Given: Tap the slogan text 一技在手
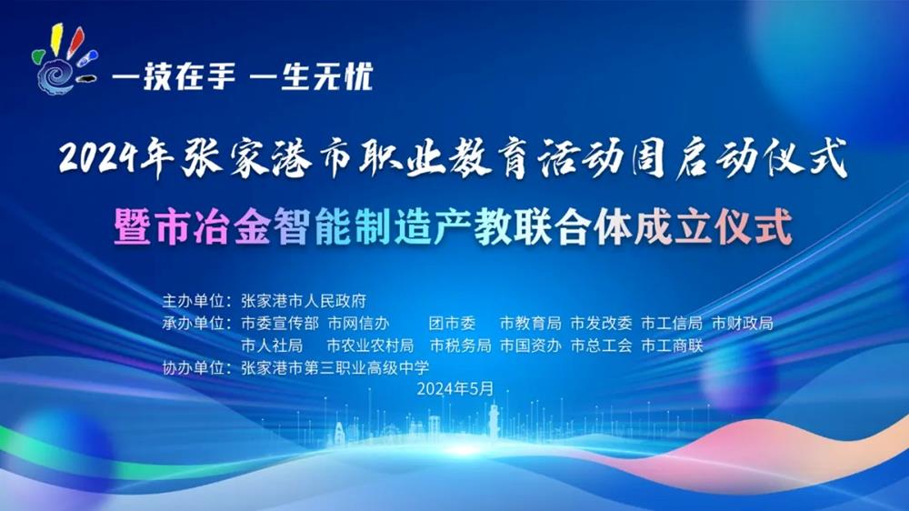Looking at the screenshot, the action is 174,76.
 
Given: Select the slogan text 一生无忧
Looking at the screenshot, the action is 311,76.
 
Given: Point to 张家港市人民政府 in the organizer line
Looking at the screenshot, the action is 304,301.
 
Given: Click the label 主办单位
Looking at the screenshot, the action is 194,301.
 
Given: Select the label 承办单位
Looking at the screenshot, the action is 194,323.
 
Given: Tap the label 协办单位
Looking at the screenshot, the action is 194,367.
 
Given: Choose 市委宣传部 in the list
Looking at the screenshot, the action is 280,323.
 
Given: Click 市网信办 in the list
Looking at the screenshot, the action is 358,323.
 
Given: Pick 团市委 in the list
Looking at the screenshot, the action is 452,323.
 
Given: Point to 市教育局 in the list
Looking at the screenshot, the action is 531,323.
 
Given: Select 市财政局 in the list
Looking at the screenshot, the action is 743,323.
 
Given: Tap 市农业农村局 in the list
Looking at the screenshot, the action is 371,346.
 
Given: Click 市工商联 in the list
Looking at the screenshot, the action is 672,346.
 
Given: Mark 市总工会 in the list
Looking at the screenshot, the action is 601,346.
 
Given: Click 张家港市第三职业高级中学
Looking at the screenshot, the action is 335,367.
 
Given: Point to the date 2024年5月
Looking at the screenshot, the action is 455,388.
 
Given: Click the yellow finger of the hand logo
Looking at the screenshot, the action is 56,37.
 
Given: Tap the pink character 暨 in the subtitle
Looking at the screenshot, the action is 132,226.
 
